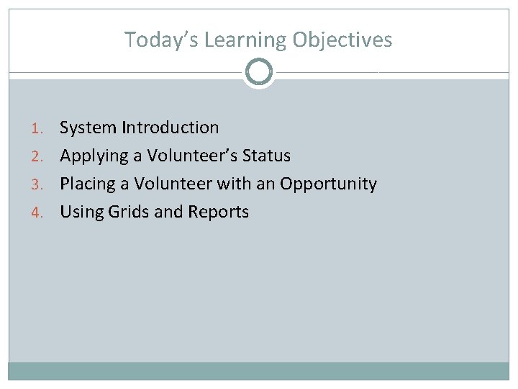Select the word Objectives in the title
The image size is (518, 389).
(x=342, y=40)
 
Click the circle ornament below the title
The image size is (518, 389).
(x=259, y=72)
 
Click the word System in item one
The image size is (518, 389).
(x=88, y=128)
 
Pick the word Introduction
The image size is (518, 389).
(x=171, y=128)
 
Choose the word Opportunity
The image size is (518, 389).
(x=328, y=184)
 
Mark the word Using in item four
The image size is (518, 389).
(x=80, y=212)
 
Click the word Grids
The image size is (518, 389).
(x=127, y=212)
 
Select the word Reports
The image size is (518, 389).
(x=218, y=213)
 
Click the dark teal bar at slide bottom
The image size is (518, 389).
(x=259, y=371)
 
